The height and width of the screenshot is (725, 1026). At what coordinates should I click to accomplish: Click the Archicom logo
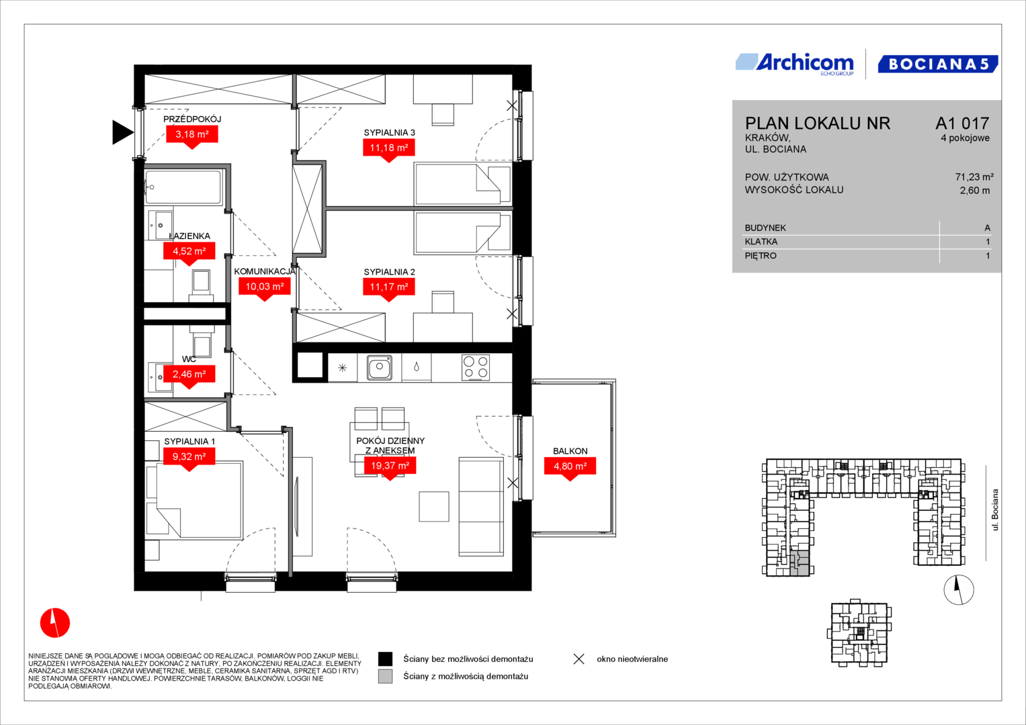click(x=795, y=64)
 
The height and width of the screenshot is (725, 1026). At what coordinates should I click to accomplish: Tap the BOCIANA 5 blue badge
click(x=937, y=64)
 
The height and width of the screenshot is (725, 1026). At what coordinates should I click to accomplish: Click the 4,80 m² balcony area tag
click(x=570, y=469)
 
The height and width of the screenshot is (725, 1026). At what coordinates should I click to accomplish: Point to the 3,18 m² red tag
click(x=192, y=136)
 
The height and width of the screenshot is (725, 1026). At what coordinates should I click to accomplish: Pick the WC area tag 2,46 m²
click(x=189, y=376)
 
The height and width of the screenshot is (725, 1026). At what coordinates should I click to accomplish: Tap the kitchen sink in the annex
click(x=379, y=367)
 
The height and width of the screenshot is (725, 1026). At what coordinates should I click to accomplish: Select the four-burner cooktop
click(x=476, y=367)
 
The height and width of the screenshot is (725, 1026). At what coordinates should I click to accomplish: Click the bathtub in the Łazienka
click(x=183, y=187)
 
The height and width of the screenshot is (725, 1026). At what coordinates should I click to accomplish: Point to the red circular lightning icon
click(x=55, y=622)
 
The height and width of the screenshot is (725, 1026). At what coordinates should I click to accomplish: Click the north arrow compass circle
click(x=959, y=589)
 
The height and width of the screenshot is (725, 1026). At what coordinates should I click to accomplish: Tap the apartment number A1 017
click(x=962, y=123)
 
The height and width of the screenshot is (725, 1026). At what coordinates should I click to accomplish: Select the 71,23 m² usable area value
click(x=974, y=177)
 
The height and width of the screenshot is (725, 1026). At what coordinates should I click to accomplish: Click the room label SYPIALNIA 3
click(x=389, y=133)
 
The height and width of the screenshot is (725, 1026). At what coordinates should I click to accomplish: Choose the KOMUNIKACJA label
click(x=265, y=271)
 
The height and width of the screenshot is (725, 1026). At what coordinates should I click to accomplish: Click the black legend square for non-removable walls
click(x=385, y=659)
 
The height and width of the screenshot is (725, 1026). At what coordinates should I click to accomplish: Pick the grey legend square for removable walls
click(x=385, y=677)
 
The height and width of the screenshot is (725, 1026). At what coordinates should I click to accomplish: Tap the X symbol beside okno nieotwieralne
click(x=579, y=659)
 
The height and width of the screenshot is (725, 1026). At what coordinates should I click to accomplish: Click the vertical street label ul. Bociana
click(x=994, y=510)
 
